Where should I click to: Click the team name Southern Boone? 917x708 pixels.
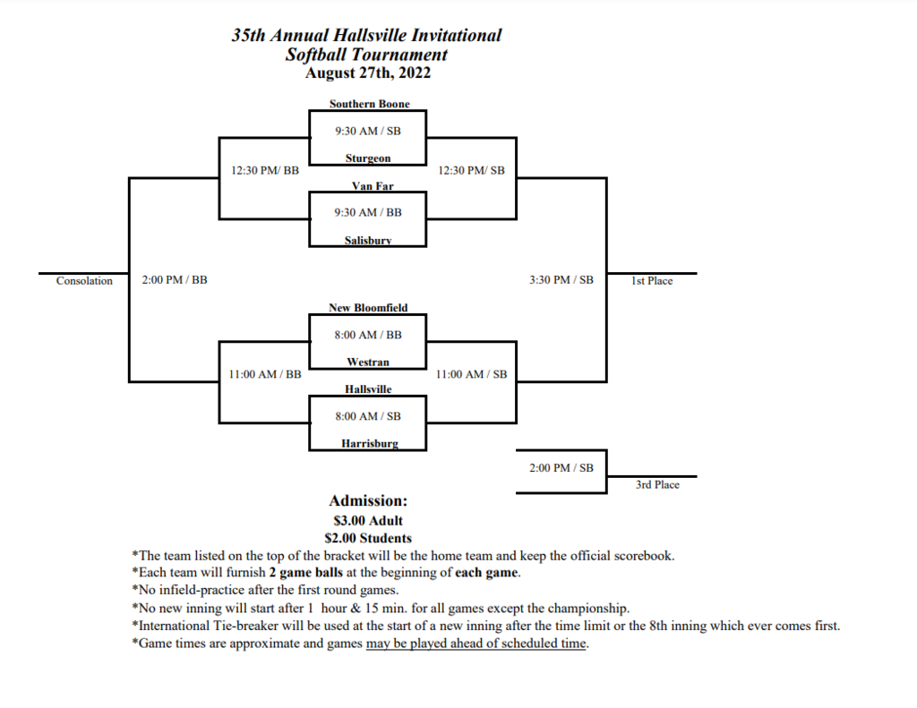point(370,104)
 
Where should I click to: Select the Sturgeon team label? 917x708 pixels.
point(368,158)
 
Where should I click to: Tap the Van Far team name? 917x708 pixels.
point(373,186)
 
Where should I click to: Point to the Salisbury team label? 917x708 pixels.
point(368,240)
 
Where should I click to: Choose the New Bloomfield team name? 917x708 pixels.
point(368,308)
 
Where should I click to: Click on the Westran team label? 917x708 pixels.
point(368,362)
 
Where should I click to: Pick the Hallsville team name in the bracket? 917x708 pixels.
point(368,388)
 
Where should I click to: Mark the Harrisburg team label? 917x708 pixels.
point(370,444)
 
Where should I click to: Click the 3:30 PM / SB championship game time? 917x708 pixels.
point(561,280)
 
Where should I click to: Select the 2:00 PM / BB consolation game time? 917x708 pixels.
point(175,280)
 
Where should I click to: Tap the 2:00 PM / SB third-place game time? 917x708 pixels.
point(561,468)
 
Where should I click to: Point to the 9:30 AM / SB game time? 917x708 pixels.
point(368,131)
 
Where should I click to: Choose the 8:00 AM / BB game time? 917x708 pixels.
point(368,335)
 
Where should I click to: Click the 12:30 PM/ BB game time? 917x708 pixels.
point(265,171)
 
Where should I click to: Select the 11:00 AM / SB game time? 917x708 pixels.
point(471,374)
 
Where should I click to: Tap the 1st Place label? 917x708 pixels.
point(652,281)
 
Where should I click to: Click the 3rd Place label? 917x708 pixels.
point(657,484)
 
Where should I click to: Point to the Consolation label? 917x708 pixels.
point(84,281)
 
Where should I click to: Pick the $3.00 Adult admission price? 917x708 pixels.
point(368,520)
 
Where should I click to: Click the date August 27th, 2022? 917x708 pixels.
point(368,73)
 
